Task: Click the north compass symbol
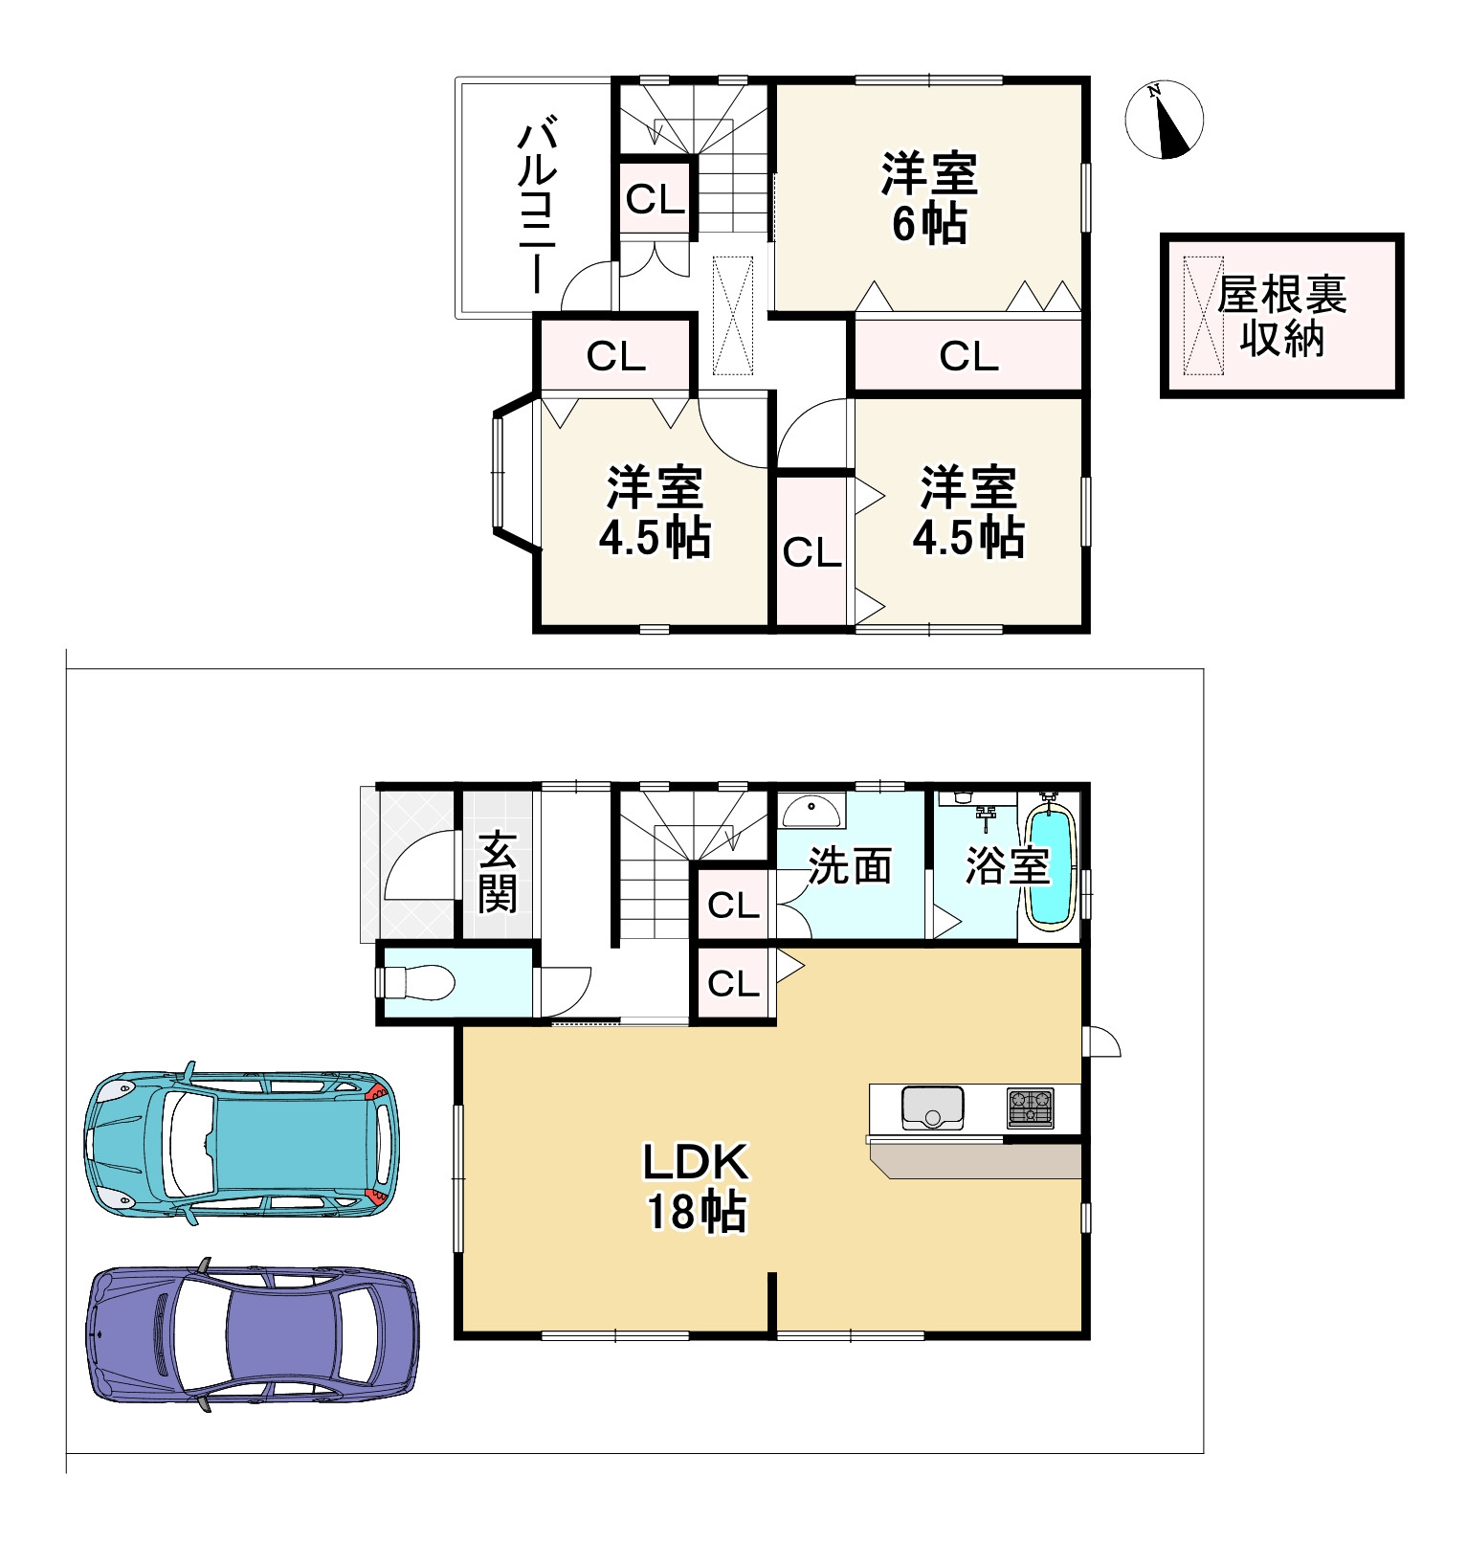(x=1164, y=120)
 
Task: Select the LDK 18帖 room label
(x=696, y=1187)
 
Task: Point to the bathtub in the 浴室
(x=1051, y=865)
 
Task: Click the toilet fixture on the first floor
(x=414, y=982)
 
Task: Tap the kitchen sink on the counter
(x=932, y=1108)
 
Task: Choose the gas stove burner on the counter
(x=1030, y=1108)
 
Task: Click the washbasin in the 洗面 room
(x=812, y=810)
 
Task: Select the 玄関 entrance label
(x=498, y=872)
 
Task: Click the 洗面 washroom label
(x=850, y=865)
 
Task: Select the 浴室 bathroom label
(x=1007, y=865)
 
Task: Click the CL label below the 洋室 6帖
(x=968, y=356)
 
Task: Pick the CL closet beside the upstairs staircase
(x=656, y=199)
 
